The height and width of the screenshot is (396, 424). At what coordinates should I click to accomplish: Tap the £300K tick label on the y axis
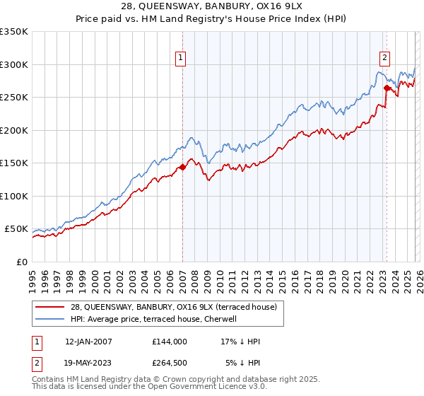14,64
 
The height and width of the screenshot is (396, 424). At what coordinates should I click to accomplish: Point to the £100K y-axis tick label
14,196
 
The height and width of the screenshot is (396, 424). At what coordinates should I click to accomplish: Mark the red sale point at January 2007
182,167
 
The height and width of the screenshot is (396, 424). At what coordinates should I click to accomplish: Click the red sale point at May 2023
387,88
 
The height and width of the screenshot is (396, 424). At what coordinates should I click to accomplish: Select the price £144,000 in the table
169,342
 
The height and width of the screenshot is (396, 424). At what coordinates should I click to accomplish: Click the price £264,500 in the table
169,363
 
